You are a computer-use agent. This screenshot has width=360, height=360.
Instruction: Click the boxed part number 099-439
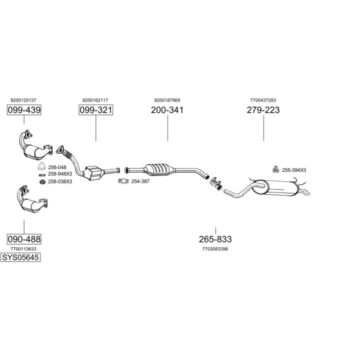[24, 110]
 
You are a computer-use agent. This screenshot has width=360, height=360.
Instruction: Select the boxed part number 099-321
[96, 110]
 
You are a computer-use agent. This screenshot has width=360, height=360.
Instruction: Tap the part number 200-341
[167, 110]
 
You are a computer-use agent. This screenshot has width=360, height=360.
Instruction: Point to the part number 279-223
[263, 110]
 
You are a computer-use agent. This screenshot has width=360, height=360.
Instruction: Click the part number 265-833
[215, 239]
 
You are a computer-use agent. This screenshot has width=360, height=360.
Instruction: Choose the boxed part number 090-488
[24, 239]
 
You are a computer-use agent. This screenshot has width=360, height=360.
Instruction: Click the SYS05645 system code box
[20, 257]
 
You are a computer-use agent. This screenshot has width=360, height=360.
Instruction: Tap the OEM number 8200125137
[23, 100]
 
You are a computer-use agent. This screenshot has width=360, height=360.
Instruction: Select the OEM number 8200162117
[95, 100]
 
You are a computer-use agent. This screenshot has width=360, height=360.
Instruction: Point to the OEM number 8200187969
[167, 100]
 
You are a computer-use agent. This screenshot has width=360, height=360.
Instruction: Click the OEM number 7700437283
[263, 100]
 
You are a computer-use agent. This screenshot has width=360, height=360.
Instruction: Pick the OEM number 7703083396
[215, 249]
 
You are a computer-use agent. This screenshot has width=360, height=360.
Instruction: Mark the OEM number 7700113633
[23, 249]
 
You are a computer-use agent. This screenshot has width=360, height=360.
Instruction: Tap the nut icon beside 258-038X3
[42, 181]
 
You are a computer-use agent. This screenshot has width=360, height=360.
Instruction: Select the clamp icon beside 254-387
[123, 181]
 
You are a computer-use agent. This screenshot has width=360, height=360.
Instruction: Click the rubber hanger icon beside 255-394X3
[275, 169]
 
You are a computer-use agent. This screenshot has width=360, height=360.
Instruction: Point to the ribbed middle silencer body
[159, 169]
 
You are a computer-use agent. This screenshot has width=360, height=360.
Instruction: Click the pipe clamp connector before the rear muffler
[216, 183]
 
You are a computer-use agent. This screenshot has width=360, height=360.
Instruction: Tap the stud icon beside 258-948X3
[42, 175]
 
